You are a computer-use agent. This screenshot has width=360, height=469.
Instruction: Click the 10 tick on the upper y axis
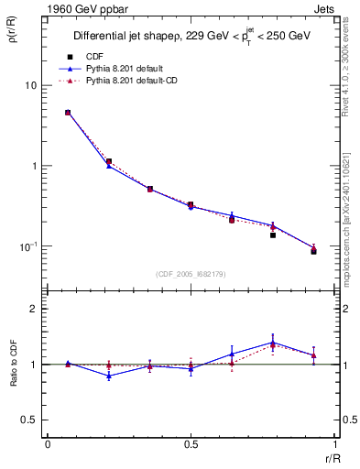[30, 85]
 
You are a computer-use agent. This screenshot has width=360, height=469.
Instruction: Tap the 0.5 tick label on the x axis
[191, 445]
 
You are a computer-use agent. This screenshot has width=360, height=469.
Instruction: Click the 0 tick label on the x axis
[48, 445]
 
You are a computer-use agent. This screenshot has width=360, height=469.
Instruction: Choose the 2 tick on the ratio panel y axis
[34, 309]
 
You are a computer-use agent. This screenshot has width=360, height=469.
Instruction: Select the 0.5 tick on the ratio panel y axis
[29, 420]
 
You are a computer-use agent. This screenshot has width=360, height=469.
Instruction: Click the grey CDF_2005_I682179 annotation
[191, 273]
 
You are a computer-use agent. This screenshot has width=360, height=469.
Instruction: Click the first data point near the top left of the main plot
[68, 113]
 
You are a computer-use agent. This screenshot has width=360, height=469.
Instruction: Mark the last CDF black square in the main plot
[313, 251]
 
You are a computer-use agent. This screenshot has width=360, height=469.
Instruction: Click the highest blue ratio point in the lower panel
[273, 343]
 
